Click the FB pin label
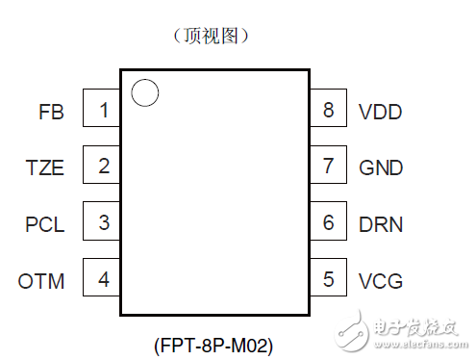[x=51, y=112]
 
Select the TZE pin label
[x=44, y=168]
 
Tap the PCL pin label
[x=44, y=225]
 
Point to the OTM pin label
[x=41, y=282]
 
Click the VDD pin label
[x=380, y=112]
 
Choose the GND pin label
[x=381, y=168]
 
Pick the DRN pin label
[x=381, y=225]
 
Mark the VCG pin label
[x=380, y=282]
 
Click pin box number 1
[x=101, y=111]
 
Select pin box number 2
[x=101, y=167]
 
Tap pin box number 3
[x=101, y=223]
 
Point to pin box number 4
[x=101, y=280]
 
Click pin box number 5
[x=330, y=280]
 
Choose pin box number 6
[x=330, y=223]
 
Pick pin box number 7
[x=330, y=167]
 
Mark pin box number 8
[x=330, y=111]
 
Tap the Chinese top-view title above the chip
[x=213, y=36]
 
